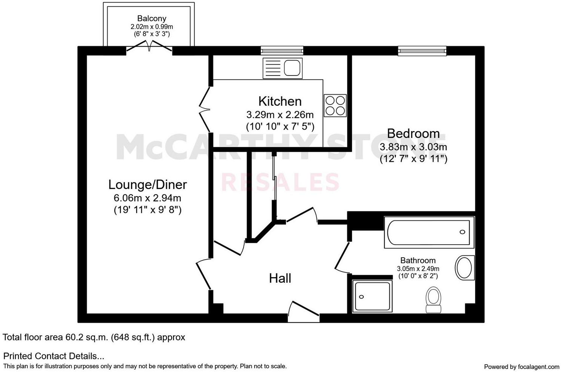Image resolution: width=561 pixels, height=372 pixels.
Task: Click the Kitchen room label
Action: pos(280,101)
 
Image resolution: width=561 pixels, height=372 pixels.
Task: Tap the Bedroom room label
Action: pos(413,133)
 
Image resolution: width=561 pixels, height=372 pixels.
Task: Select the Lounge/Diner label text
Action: pos(147,185)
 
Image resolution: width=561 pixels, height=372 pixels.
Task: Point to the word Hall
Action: pos(280,278)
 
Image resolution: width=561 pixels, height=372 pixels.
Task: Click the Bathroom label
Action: pos(418,260)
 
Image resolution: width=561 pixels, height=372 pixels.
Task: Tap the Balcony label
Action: pos(151,18)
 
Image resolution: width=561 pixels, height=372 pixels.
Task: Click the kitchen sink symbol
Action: pos(282,68)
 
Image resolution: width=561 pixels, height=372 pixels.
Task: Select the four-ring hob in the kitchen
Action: pos(335,105)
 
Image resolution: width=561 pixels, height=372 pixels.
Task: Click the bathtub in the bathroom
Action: pos(429,232)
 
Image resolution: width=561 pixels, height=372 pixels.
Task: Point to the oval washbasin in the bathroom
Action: pos(464,267)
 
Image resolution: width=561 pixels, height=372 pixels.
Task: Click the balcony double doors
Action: pos(149,47)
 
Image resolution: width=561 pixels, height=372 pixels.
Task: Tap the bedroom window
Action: pos(422,50)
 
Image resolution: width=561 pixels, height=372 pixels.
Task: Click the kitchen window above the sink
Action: pos(282,50)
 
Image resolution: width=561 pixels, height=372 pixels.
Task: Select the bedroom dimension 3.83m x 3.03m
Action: pos(413,147)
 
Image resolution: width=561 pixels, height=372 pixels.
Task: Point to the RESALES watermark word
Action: pos(280,183)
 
